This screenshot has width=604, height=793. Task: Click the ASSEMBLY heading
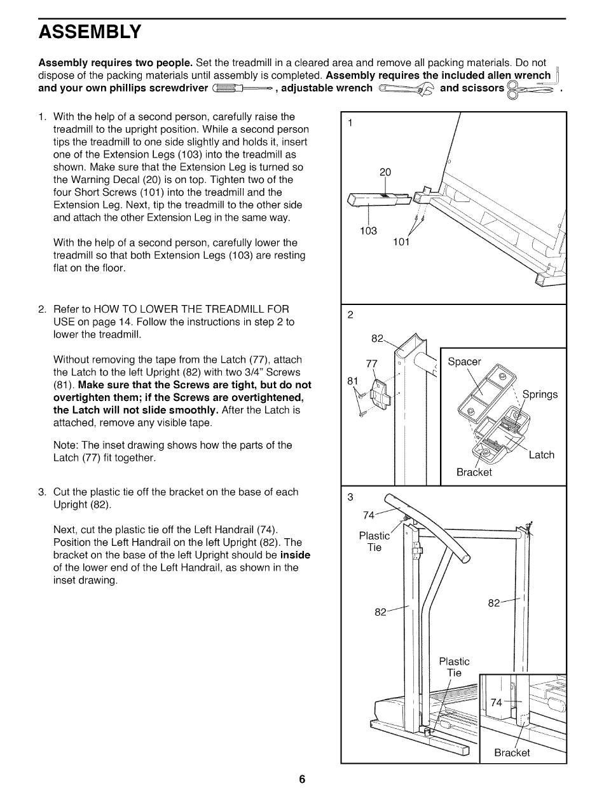tap(90, 32)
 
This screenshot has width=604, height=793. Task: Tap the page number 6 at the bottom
tap(303, 779)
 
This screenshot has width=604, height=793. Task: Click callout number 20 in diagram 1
tap(385, 172)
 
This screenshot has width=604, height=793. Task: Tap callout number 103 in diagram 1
tap(369, 231)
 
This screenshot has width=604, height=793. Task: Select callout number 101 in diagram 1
tap(401, 241)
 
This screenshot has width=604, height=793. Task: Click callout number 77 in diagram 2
tap(372, 363)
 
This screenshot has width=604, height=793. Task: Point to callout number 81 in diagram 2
tap(353, 381)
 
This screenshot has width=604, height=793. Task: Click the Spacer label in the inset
tap(465, 362)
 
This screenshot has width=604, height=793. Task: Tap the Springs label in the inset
tap(540, 395)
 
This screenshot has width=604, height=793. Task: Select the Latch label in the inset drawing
tap(541, 455)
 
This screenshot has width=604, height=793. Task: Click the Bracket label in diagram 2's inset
tap(474, 472)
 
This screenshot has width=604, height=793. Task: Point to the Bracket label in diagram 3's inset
tap(512, 753)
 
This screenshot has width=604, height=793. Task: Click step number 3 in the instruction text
tap(42, 492)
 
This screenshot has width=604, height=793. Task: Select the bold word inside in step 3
tap(295, 555)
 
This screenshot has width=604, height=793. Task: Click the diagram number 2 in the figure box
tap(350, 315)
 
